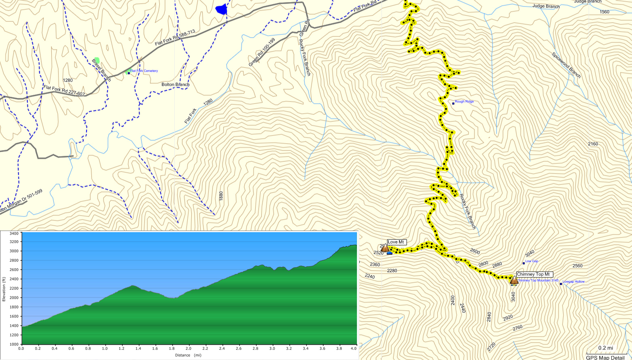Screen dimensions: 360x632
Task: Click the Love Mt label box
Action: [396, 242]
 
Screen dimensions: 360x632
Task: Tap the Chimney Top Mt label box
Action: [533, 274]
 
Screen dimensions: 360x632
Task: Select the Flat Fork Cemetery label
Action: [144, 71]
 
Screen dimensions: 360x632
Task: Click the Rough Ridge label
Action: [464, 102]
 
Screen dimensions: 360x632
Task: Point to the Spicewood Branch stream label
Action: [566, 65]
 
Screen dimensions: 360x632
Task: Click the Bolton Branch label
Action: [175, 85]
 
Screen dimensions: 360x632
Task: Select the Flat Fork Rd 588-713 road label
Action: [175, 38]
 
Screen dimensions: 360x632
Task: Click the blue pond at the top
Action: [221, 9]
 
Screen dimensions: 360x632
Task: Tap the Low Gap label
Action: [532, 261]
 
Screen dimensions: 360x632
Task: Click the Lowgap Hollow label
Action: [573, 282]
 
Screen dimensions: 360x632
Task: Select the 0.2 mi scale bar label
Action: [605, 348]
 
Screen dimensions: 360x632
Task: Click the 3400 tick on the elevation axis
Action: [14, 233]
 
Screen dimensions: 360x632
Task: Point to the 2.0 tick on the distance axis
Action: [188, 348]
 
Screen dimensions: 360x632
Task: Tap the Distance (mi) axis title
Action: [188, 355]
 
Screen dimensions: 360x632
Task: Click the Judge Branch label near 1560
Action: [546, 6]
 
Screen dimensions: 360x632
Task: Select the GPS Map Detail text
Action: [605, 358]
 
